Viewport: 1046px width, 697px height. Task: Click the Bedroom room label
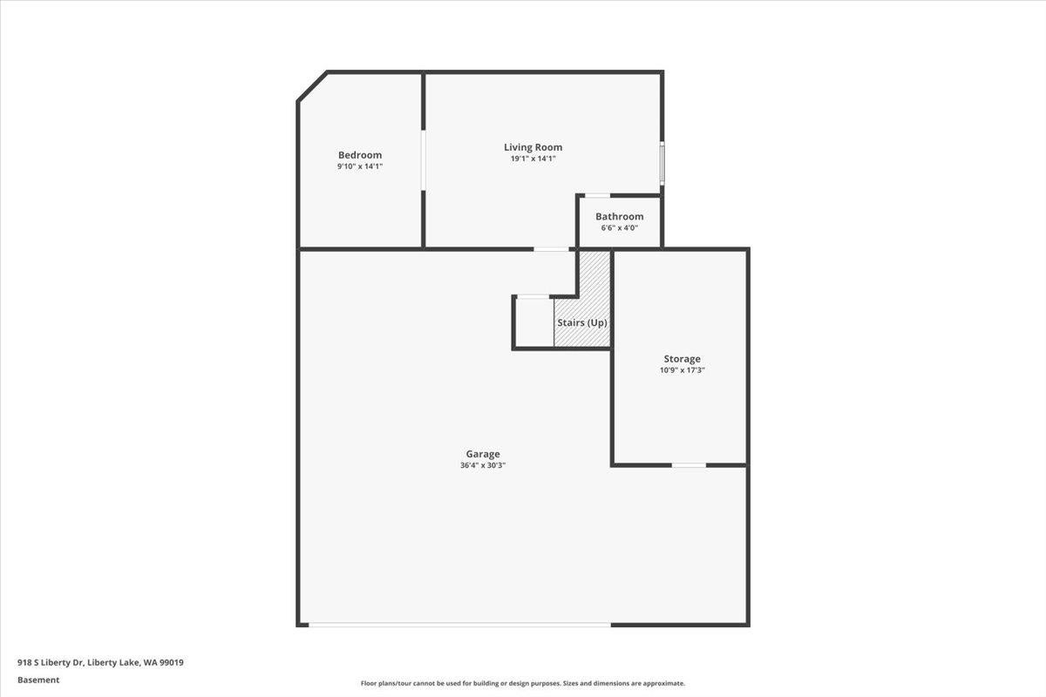(360, 155)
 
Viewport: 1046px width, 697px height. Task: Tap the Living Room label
(533, 147)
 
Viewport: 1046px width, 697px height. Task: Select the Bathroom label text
(620, 217)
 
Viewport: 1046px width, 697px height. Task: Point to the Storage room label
(682, 359)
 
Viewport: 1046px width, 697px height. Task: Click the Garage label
(483, 454)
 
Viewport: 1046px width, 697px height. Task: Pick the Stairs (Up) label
(582, 322)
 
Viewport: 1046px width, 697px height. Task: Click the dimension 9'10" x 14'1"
(360, 166)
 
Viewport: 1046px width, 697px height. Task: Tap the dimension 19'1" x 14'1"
(533, 159)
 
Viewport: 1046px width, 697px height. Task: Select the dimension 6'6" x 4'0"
(620, 228)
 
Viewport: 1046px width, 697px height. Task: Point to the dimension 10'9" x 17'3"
(682, 370)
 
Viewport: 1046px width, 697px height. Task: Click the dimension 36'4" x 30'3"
(483, 465)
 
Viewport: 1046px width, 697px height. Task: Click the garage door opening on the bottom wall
(459, 624)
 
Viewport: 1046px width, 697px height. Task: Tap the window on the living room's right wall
(662, 163)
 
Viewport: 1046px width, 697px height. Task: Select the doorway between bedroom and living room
(424, 160)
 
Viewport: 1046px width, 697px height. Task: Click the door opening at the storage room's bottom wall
(689, 465)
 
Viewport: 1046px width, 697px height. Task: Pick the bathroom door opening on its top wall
(597, 195)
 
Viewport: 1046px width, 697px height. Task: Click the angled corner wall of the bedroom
(312, 86)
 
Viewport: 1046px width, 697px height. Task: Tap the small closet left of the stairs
(533, 323)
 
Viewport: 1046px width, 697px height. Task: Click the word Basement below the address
(38, 680)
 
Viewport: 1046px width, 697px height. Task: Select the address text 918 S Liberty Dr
(51, 662)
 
